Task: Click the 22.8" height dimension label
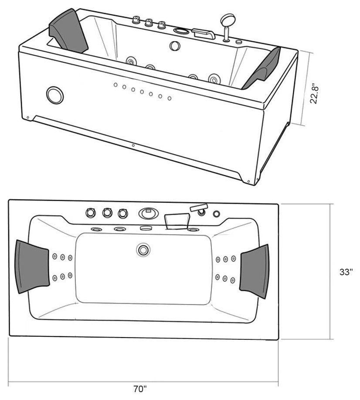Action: coord(314,93)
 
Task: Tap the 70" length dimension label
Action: coord(140,389)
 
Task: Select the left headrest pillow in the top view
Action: coord(32,267)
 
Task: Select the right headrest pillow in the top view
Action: coord(255,271)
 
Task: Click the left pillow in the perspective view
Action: coord(68,31)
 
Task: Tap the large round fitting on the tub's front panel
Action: coord(55,95)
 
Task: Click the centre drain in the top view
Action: coord(143,250)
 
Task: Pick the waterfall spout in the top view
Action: coord(177,222)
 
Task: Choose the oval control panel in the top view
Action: coord(149,213)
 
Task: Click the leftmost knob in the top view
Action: coord(91,212)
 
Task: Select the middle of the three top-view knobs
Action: coord(107,213)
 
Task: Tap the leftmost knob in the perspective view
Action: coord(136,20)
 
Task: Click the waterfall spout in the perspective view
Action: coord(204,34)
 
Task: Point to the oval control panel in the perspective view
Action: coord(181,31)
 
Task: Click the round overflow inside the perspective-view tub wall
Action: coord(175,46)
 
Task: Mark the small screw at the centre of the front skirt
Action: coord(133,145)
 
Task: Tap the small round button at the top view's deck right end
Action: coord(217,214)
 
